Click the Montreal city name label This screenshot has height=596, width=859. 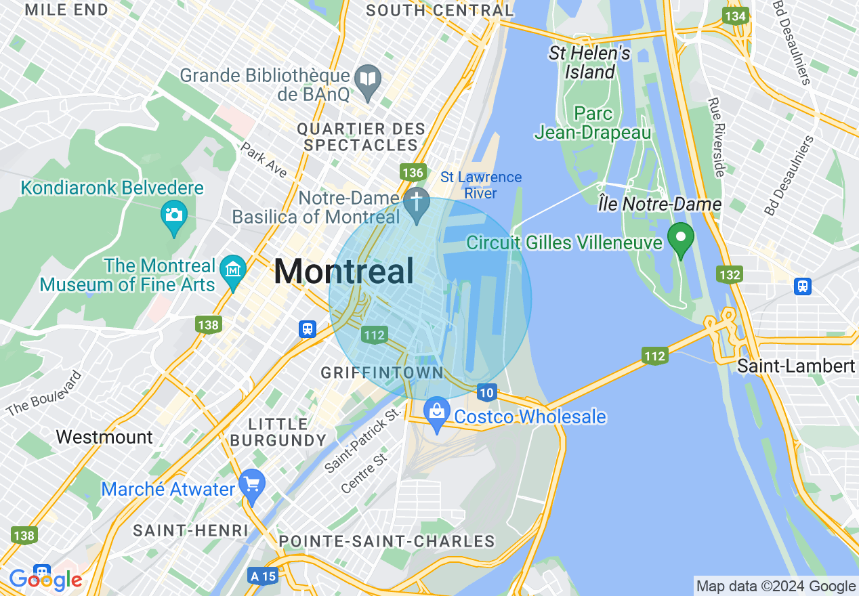point(343,272)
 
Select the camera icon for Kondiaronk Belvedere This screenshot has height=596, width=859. point(174,215)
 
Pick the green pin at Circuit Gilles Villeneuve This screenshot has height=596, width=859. point(680,238)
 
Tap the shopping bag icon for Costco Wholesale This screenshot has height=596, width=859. point(437,411)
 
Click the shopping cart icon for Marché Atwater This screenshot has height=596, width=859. point(253,484)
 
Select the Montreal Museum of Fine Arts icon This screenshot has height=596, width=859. point(234,270)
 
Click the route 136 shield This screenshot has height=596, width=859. point(412,172)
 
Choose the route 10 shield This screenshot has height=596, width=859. point(486,392)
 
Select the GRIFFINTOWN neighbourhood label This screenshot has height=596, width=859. point(382,372)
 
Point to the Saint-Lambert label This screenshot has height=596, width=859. point(795,366)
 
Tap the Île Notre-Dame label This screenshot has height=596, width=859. point(660,203)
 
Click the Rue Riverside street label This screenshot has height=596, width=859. point(717,137)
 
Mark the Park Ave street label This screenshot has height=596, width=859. point(264,160)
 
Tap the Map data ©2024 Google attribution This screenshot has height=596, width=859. point(776,587)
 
